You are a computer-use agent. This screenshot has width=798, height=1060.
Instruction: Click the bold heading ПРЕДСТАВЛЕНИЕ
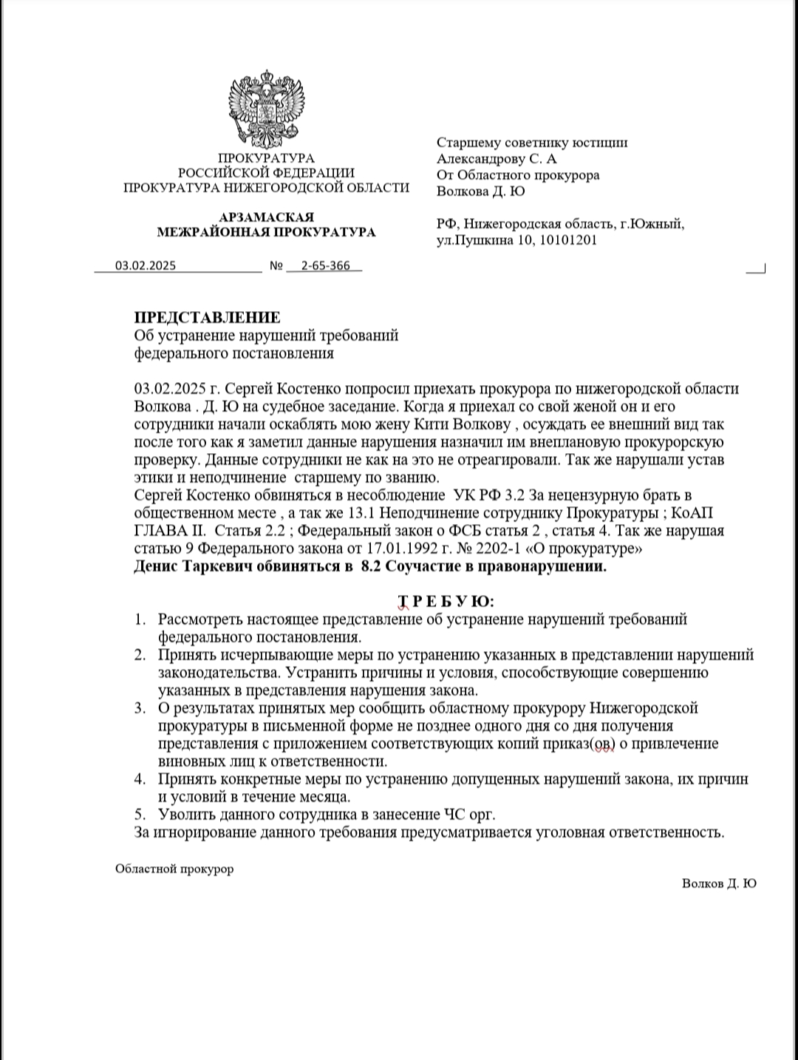pos(207,318)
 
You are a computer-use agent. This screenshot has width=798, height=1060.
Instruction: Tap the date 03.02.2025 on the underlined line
pos(146,266)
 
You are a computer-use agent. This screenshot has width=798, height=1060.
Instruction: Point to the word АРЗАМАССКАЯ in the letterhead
pos(266,217)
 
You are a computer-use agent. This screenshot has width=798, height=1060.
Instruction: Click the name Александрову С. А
pos(497,159)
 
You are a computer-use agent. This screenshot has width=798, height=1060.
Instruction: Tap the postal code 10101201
pos(569,240)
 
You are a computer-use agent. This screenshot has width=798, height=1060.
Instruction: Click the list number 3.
pos(139,709)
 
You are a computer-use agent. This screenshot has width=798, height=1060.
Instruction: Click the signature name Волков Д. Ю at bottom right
pos(719,883)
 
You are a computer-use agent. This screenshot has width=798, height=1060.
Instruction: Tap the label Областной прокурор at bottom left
pos(174,869)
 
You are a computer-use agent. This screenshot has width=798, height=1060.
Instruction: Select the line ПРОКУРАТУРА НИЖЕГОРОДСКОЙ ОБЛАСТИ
pos(266,188)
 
